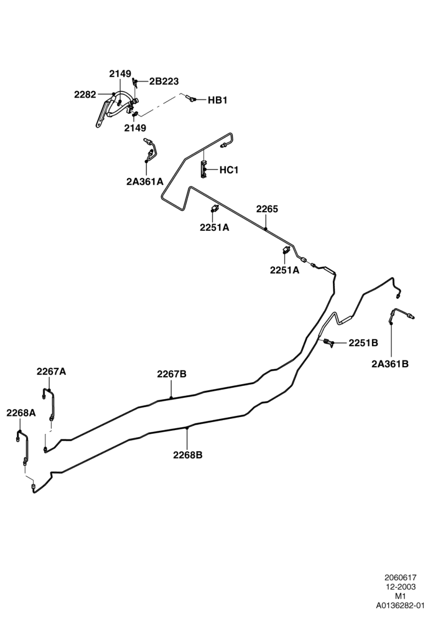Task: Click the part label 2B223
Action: pyautogui.click(x=164, y=82)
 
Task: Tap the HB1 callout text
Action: pyautogui.click(x=218, y=100)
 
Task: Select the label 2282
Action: pyautogui.click(x=85, y=95)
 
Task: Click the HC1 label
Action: pyautogui.click(x=229, y=170)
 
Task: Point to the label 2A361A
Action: pyautogui.click(x=145, y=182)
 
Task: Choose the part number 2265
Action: pyautogui.click(x=267, y=209)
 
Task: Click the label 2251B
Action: pyautogui.click(x=363, y=343)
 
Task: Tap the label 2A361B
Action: pyautogui.click(x=390, y=364)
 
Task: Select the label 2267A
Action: pyautogui.click(x=52, y=372)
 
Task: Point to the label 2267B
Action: pyautogui.click(x=172, y=374)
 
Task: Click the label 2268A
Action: pyautogui.click(x=21, y=413)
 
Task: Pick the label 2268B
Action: pyautogui.click(x=188, y=455)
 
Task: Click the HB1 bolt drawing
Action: pyautogui.click(x=190, y=98)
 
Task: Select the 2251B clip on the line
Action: pyautogui.click(x=328, y=342)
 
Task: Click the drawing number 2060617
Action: pyautogui.click(x=401, y=578)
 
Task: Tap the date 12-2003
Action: pyautogui.click(x=401, y=587)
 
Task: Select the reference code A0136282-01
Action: pyautogui.click(x=401, y=605)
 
